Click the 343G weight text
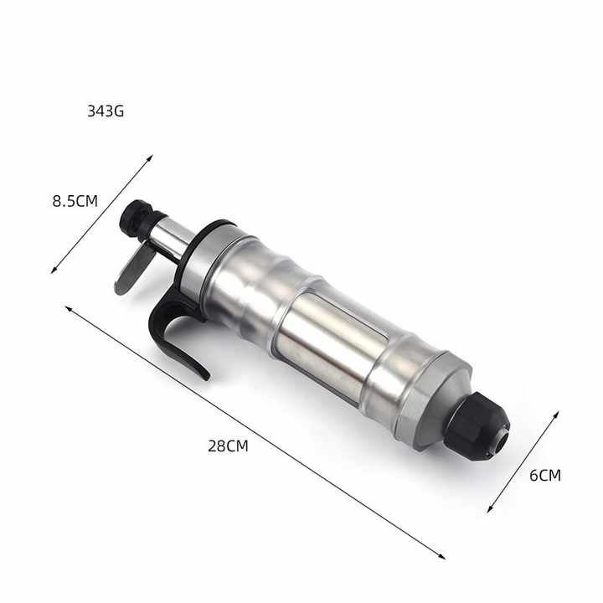click(x=106, y=111)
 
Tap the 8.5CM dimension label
click(x=75, y=201)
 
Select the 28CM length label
click(x=228, y=446)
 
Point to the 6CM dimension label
click(x=545, y=476)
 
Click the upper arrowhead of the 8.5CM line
click(x=151, y=157)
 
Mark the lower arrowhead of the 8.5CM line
click(x=54, y=271)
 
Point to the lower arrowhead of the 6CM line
click(x=490, y=510)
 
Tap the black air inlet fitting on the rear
click(x=135, y=215)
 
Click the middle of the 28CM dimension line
click(x=255, y=431)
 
